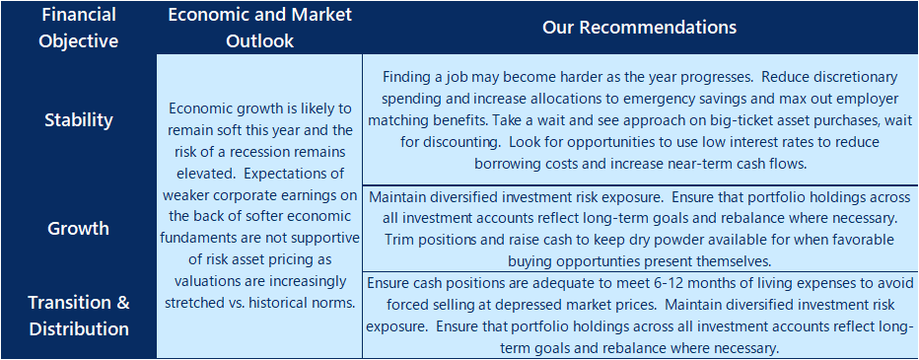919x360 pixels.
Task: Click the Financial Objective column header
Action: click(78, 27)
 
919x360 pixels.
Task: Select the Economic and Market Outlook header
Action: click(259, 27)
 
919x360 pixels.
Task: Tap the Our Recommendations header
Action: click(639, 27)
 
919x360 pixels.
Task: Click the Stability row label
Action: click(79, 119)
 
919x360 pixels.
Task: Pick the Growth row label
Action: click(79, 228)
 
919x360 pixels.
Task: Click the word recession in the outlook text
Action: click(264, 153)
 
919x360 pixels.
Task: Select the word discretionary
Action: click(853, 77)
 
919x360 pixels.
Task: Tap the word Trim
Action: click(398, 240)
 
